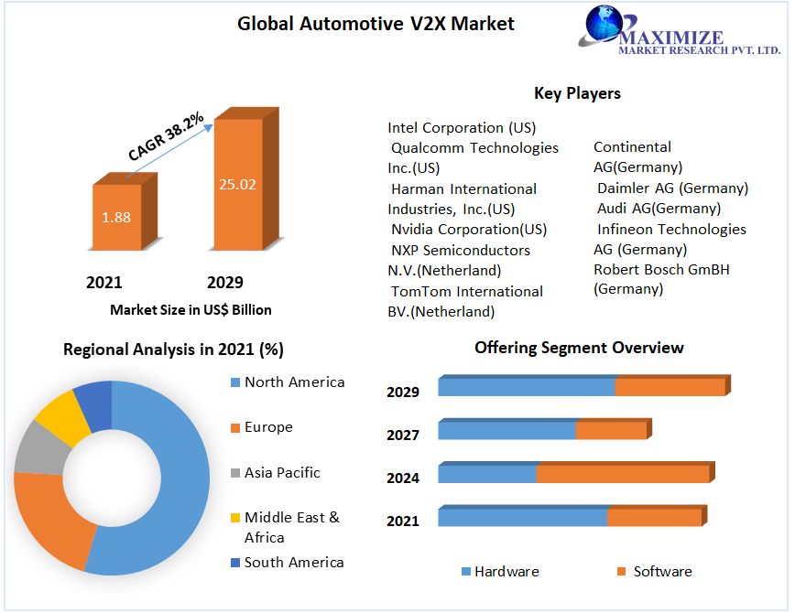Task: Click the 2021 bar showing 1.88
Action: click(116, 217)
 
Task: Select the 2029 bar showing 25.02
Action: click(237, 183)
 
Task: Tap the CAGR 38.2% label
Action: click(166, 138)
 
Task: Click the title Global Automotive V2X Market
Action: click(376, 24)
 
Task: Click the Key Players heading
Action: click(577, 93)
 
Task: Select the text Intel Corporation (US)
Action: click(462, 127)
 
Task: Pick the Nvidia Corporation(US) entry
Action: click(469, 229)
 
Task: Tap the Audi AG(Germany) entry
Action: click(659, 208)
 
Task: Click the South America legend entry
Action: click(294, 562)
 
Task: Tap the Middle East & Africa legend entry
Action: click(291, 527)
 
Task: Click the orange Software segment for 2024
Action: click(622, 474)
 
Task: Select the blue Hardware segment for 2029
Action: click(526, 387)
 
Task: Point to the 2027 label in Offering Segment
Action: click(403, 435)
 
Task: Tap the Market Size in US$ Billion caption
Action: click(191, 309)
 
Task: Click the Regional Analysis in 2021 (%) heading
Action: click(173, 349)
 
